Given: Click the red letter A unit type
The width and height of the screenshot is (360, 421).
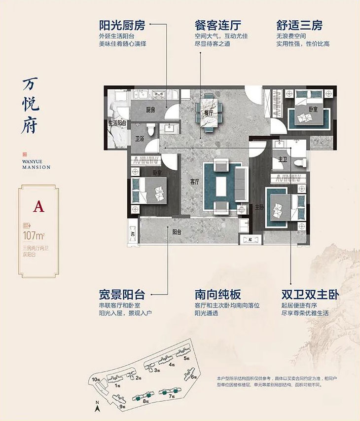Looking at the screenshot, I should point(38,206).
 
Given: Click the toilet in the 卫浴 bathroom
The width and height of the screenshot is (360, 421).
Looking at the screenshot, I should point(151,130).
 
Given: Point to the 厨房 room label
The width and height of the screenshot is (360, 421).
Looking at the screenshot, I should point(150,110).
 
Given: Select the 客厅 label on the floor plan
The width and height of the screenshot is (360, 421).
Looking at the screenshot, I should point(194,182).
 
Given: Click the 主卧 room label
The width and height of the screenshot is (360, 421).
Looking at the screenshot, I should point(259,208).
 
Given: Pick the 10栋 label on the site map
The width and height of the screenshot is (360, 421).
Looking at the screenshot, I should point(95,379).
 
